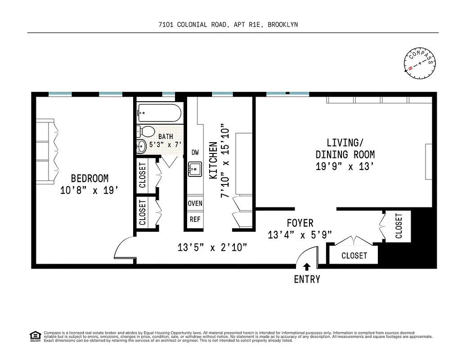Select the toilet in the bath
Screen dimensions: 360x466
(x=146, y=132)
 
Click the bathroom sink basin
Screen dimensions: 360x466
(x=141, y=145)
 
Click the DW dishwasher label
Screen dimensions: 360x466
(x=195, y=153)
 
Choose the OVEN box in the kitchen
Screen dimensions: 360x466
(x=195, y=203)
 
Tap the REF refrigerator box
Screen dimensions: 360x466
(x=195, y=220)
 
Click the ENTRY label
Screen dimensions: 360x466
(x=307, y=279)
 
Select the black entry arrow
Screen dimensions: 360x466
(x=307, y=266)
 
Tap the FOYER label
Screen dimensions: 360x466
(x=300, y=223)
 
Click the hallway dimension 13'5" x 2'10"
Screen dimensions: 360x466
(x=212, y=247)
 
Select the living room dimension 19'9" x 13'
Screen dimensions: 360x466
(x=345, y=166)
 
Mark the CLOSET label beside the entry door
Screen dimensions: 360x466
(x=354, y=256)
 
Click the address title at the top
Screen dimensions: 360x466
(x=228, y=25)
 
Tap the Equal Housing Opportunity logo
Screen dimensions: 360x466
(x=35, y=336)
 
